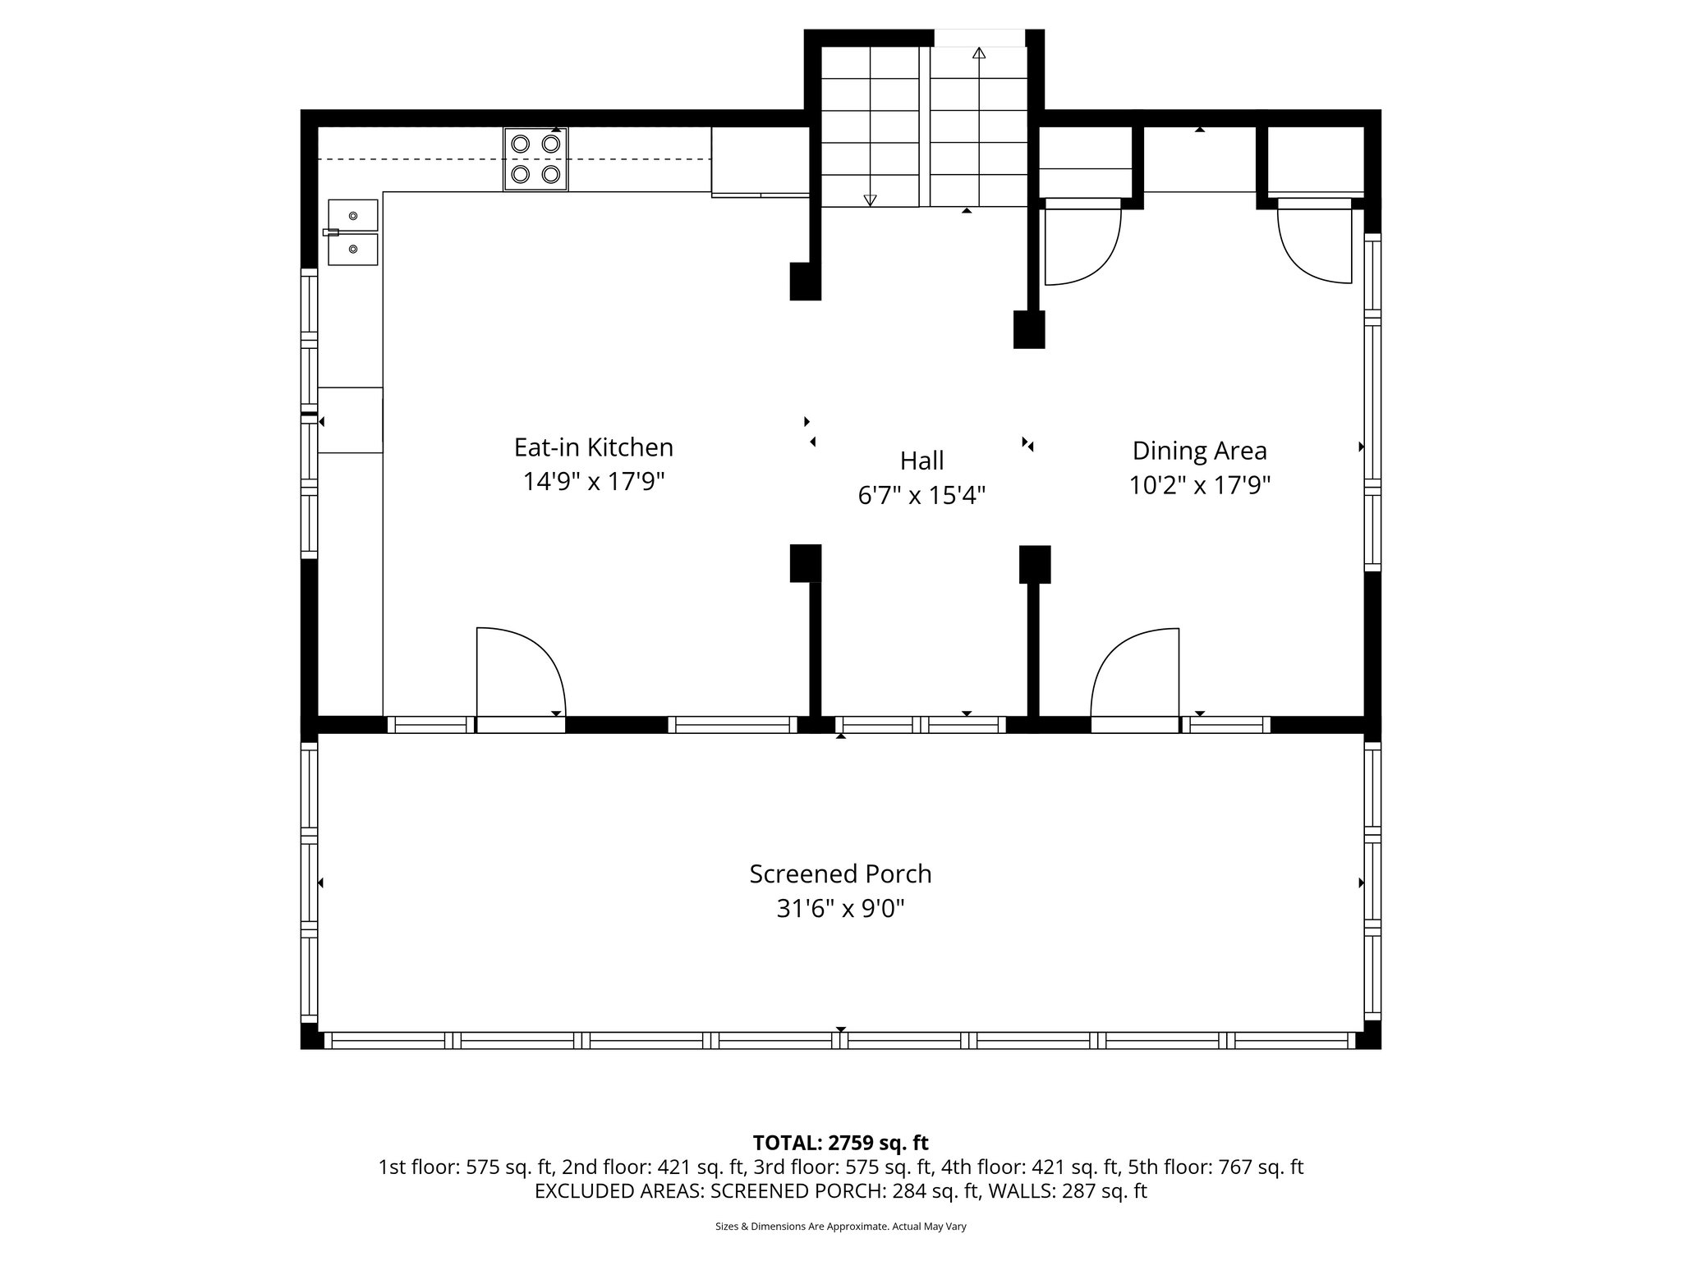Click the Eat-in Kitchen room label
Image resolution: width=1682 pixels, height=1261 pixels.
(593, 447)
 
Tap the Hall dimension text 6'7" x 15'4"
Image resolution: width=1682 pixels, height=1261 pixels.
(921, 495)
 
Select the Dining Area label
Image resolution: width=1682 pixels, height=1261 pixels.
(1199, 451)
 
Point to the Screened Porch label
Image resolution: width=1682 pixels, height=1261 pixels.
(840, 874)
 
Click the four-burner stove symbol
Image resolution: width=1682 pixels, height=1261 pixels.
(535, 159)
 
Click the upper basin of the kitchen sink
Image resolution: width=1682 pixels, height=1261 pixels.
(353, 215)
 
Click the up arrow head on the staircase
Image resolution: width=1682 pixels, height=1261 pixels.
(978, 54)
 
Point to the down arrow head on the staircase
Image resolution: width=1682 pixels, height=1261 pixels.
(870, 199)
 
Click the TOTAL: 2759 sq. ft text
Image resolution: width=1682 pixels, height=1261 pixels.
(840, 1143)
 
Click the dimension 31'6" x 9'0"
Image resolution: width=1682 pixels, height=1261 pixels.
(840, 909)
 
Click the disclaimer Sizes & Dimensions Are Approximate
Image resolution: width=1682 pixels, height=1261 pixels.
(840, 1227)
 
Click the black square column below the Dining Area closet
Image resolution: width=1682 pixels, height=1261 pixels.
(1029, 329)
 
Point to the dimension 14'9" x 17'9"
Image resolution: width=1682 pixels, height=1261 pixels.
(593, 481)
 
